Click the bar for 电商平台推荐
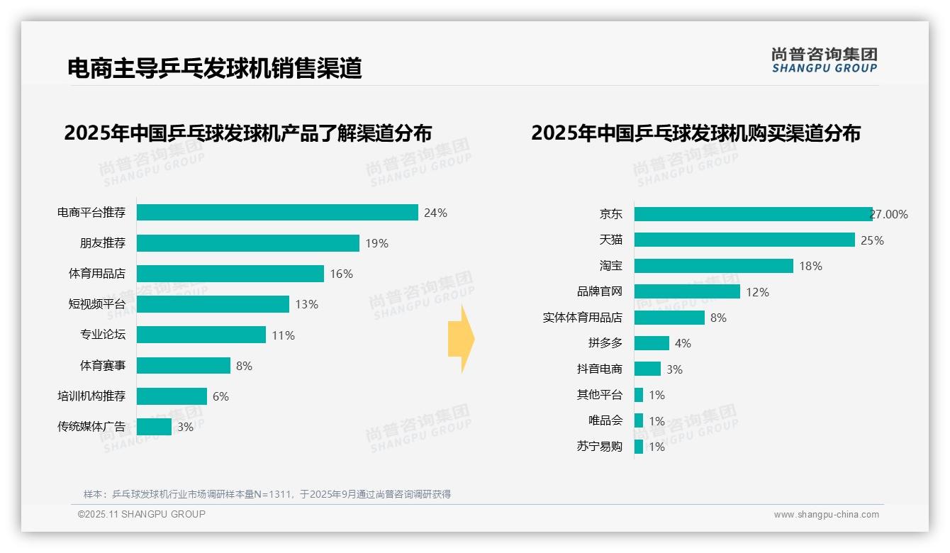pos(276,213)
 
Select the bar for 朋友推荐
pos(247,243)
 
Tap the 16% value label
pos(341,274)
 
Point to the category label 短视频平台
pos(96,304)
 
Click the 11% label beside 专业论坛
pos(283,335)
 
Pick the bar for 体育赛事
pos(183,366)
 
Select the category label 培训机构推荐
pos(91,396)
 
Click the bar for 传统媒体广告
pos(154,427)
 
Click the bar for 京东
pos(753,214)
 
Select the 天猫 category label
pos(610,240)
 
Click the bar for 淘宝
pos(713,266)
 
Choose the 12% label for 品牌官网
pos(757,292)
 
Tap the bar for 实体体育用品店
pos(669,318)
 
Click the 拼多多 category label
pos(605,343)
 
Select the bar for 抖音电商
pos(647,369)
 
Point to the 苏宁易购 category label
pos(599,447)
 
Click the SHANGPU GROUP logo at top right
pos(824,60)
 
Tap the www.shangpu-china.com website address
pos(826,515)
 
